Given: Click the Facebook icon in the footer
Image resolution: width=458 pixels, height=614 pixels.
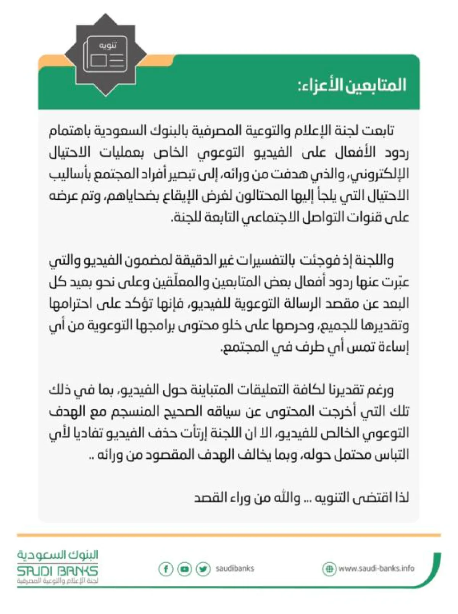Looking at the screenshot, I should (166, 569).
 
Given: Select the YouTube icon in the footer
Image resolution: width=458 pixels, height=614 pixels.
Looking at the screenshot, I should (184, 569).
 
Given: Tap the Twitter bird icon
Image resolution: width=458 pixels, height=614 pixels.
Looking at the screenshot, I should (203, 569).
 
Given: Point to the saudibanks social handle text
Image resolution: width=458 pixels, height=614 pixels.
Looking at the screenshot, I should (234, 568).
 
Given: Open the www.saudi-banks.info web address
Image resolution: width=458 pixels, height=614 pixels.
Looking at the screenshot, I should (376, 568).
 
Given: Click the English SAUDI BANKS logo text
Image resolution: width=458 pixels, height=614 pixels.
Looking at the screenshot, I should (57, 571).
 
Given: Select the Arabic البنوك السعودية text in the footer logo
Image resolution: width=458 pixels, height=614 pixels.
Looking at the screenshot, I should (57, 555).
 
